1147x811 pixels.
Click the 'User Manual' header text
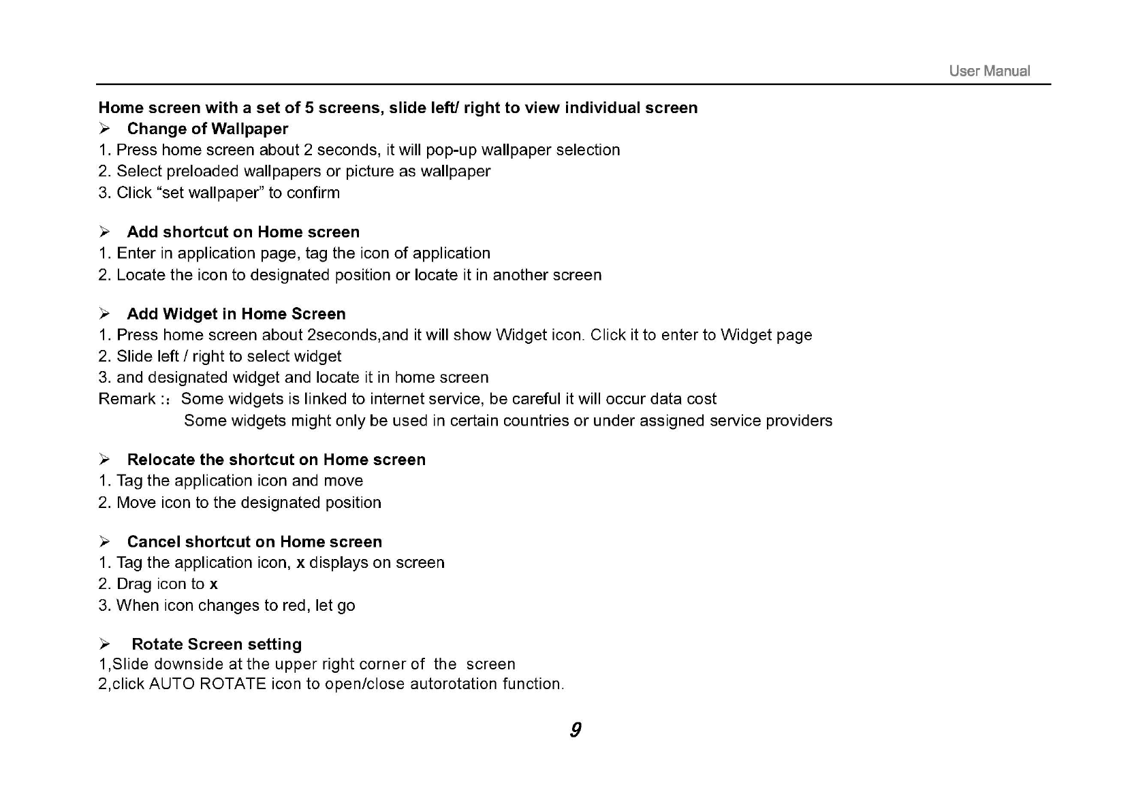coord(989,71)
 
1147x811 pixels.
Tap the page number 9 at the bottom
coord(576,730)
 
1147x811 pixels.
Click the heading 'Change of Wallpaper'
coord(208,129)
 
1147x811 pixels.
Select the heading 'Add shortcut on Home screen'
coord(243,232)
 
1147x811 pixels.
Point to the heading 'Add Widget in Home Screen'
coord(236,314)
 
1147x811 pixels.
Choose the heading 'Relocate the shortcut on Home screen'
coord(276,460)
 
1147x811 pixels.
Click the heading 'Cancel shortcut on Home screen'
coord(254,542)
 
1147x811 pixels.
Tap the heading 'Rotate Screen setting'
coord(217,644)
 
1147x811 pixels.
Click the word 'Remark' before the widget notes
coord(127,399)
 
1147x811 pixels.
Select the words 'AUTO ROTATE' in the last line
coord(208,684)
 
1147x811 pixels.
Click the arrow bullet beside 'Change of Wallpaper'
coord(105,129)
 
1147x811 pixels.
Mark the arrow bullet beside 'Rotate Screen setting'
coord(105,644)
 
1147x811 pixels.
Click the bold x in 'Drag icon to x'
coord(214,584)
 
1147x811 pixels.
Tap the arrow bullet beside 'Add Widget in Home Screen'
coord(105,314)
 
